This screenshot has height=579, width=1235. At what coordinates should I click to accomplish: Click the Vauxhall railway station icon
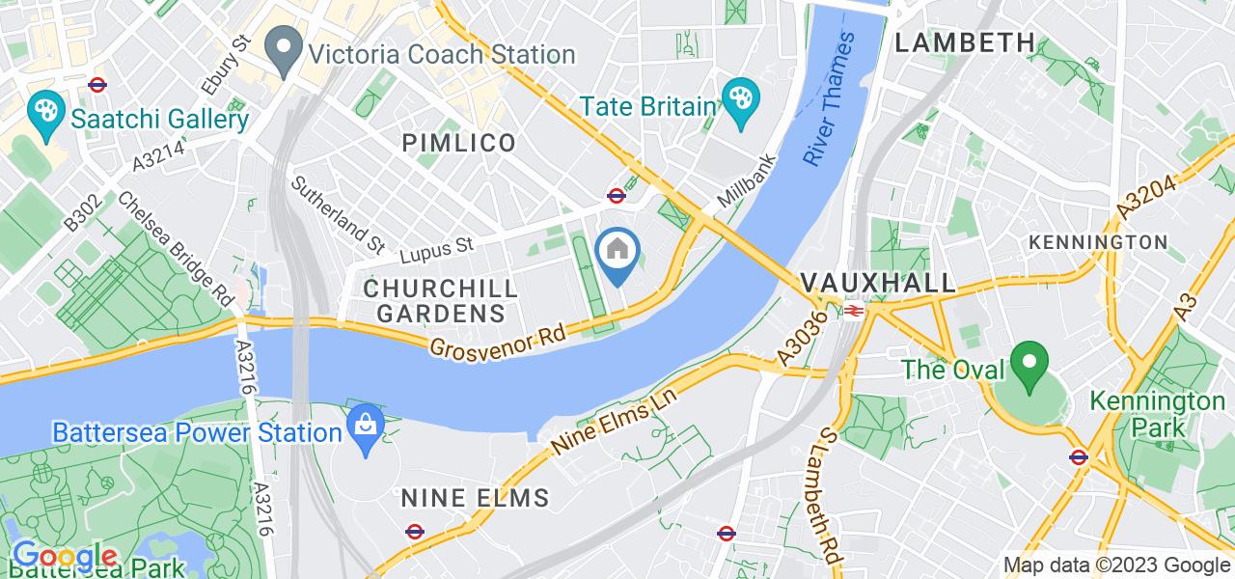[853, 311]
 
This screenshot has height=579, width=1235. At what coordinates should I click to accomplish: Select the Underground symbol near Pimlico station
[616, 195]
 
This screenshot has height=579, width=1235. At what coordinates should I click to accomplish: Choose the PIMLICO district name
[458, 144]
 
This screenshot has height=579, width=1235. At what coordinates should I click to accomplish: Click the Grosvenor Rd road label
[498, 339]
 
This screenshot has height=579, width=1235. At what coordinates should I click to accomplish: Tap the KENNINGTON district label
[1098, 240]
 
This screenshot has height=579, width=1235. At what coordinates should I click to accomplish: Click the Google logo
[65, 557]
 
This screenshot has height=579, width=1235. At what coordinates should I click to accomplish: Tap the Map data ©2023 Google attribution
[1116, 565]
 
